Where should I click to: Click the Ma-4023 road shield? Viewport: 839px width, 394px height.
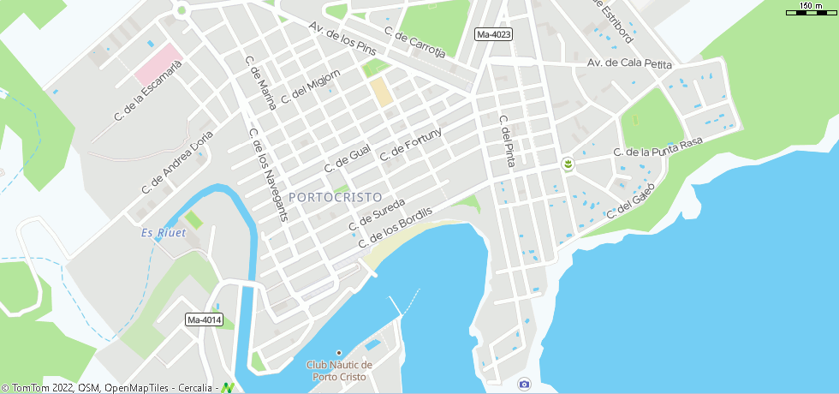(x=493, y=34)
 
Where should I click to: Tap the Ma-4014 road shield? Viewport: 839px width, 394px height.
(x=204, y=320)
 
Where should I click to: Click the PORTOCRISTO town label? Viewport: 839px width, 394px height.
(x=336, y=197)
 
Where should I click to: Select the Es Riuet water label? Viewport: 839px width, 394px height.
(x=164, y=233)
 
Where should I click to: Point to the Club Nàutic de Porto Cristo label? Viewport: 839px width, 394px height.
(x=339, y=371)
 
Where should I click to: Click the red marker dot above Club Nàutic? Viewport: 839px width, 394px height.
(x=339, y=353)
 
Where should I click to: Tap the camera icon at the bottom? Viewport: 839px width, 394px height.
(x=524, y=384)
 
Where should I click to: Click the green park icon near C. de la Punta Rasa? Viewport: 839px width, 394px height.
(x=567, y=163)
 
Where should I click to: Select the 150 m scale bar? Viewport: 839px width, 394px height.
(x=811, y=10)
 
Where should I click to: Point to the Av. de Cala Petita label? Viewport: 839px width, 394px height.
(x=629, y=64)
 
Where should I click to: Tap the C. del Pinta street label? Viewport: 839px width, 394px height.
(x=505, y=140)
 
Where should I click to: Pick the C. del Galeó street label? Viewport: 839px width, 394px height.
(x=631, y=200)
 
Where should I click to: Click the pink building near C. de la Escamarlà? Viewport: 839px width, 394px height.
(x=158, y=64)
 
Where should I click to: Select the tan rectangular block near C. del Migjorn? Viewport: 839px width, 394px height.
(x=381, y=92)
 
